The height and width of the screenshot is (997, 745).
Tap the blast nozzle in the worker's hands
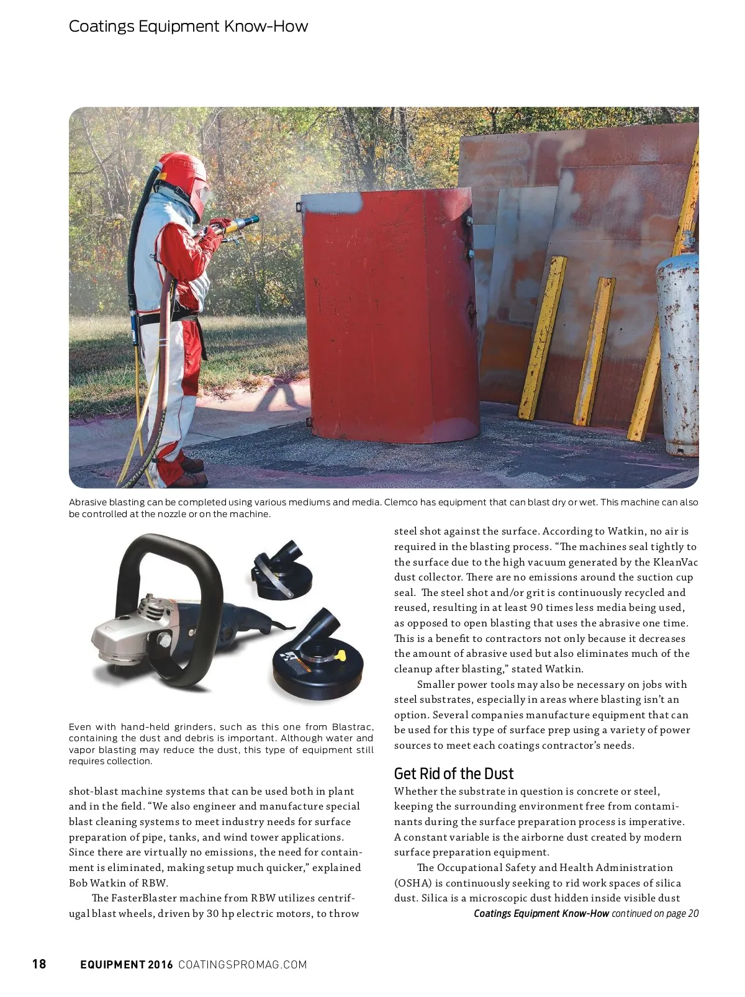tap(243, 223)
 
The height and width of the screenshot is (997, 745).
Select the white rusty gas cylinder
tap(677, 348)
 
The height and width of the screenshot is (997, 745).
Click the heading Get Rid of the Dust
tap(454, 774)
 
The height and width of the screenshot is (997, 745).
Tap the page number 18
tap(39, 964)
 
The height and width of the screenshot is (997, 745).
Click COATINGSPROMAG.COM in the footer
tap(243, 964)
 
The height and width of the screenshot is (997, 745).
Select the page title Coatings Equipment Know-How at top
tap(188, 26)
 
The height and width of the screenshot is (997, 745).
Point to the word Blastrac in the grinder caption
tap(353, 727)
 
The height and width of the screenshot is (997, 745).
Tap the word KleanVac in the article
tap(675, 562)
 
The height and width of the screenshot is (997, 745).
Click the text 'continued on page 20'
tap(655, 913)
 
